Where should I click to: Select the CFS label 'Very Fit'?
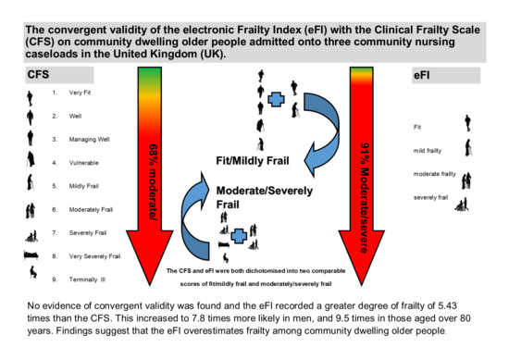(81, 93)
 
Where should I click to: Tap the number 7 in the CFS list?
(55, 232)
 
